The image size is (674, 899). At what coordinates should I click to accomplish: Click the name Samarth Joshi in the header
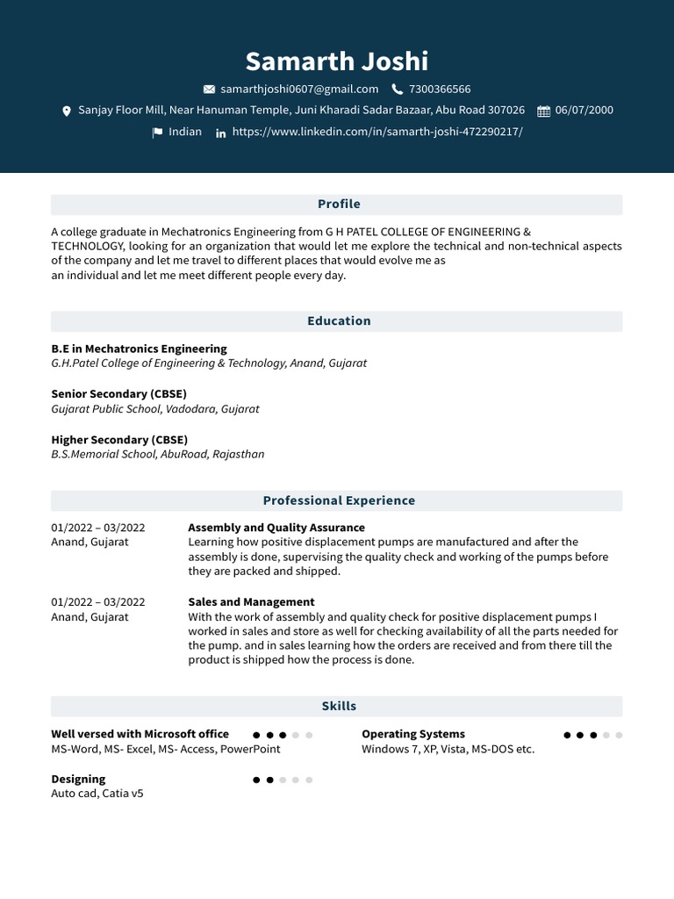[337, 61]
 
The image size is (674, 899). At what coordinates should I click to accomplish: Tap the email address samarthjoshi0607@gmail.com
[299, 89]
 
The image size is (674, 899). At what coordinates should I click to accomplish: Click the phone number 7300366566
[440, 89]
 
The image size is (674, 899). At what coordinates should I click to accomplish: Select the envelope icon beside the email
[209, 90]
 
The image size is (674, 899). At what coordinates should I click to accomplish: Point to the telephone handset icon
[398, 90]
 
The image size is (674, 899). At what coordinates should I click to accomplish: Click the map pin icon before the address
[67, 111]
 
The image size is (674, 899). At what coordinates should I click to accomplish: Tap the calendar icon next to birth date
[543, 111]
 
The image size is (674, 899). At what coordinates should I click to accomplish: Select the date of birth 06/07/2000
[584, 111]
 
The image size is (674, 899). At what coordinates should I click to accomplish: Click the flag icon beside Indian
[157, 133]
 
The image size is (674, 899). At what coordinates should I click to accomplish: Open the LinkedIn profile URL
[377, 132]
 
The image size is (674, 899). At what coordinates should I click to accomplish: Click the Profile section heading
[339, 205]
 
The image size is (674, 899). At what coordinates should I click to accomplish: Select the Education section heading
[339, 321]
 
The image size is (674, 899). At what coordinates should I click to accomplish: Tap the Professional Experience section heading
[339, 500]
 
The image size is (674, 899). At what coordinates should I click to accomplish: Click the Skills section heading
[339, 706]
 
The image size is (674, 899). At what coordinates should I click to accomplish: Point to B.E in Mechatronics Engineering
[139, 349]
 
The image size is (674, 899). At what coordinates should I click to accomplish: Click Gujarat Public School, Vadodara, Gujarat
[155, 409]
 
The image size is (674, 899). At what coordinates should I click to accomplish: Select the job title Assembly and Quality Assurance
[276, 528]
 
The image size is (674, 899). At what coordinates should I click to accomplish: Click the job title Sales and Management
[251, 602]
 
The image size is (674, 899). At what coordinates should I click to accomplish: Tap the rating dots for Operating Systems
[593, 735]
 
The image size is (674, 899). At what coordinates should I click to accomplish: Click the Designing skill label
[78, 779]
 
